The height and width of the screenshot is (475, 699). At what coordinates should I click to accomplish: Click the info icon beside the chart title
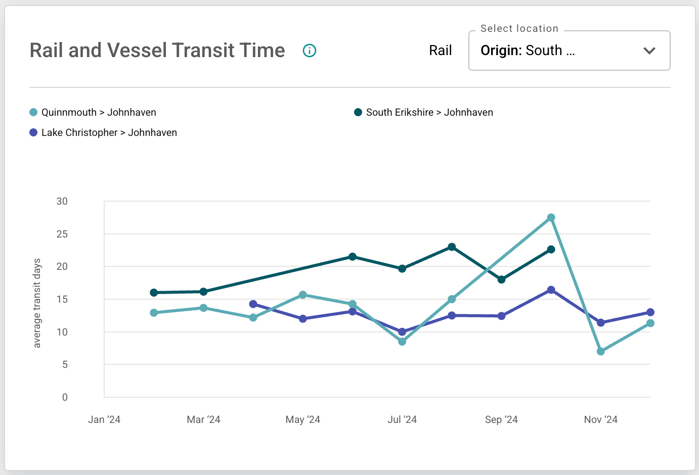click(310, 51)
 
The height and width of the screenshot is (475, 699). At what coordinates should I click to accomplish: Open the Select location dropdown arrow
click(649, 51)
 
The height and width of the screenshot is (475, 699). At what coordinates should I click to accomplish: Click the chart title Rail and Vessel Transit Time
click(157, 51)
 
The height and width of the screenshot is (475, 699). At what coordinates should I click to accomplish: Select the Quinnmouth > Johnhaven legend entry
click(99, 112)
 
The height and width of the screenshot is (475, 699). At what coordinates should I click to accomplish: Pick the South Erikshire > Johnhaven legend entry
click(429, 112)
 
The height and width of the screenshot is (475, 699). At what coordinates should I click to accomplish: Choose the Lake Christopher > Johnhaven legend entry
click(109, 132)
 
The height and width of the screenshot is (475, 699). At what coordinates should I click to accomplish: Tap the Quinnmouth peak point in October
click(551, 218)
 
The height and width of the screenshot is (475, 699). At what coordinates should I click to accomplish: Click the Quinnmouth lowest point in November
click(601, 351)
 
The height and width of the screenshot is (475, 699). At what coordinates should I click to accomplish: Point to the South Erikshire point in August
click(452, 247)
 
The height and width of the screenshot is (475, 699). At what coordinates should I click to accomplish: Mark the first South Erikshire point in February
click(154, 293)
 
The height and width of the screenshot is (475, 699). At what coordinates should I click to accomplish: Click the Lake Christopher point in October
click(551, 290)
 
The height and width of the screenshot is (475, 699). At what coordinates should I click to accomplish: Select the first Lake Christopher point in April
click(253, 304)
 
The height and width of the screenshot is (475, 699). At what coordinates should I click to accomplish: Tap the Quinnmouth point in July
click(402, 342)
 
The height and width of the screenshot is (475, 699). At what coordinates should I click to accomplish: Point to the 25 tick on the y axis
click(62, 234)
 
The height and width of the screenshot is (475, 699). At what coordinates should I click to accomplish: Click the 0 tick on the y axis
click(65, 397)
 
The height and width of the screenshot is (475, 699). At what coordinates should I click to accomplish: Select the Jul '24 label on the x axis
click(402, 419)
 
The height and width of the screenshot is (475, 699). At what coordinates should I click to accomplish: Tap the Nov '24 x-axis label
click(600, 419)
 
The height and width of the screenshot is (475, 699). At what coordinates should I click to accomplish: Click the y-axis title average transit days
click(37, 303)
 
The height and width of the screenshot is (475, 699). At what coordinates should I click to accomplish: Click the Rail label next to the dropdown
click(440, 51)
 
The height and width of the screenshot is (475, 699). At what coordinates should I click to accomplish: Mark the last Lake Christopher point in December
click(650, 312)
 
